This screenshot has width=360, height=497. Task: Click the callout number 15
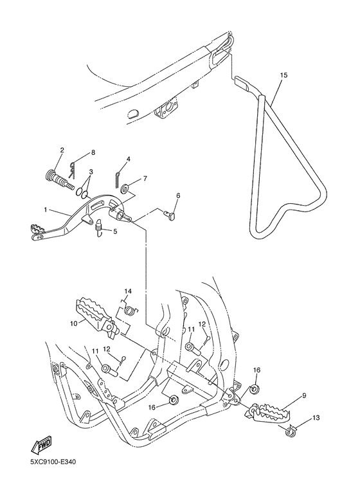283,75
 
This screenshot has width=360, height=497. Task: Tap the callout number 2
62,151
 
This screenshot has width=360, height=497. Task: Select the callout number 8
93,152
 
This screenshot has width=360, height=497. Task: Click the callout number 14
128,291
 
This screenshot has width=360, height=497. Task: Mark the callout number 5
115,231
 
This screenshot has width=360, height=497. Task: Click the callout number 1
46,210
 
